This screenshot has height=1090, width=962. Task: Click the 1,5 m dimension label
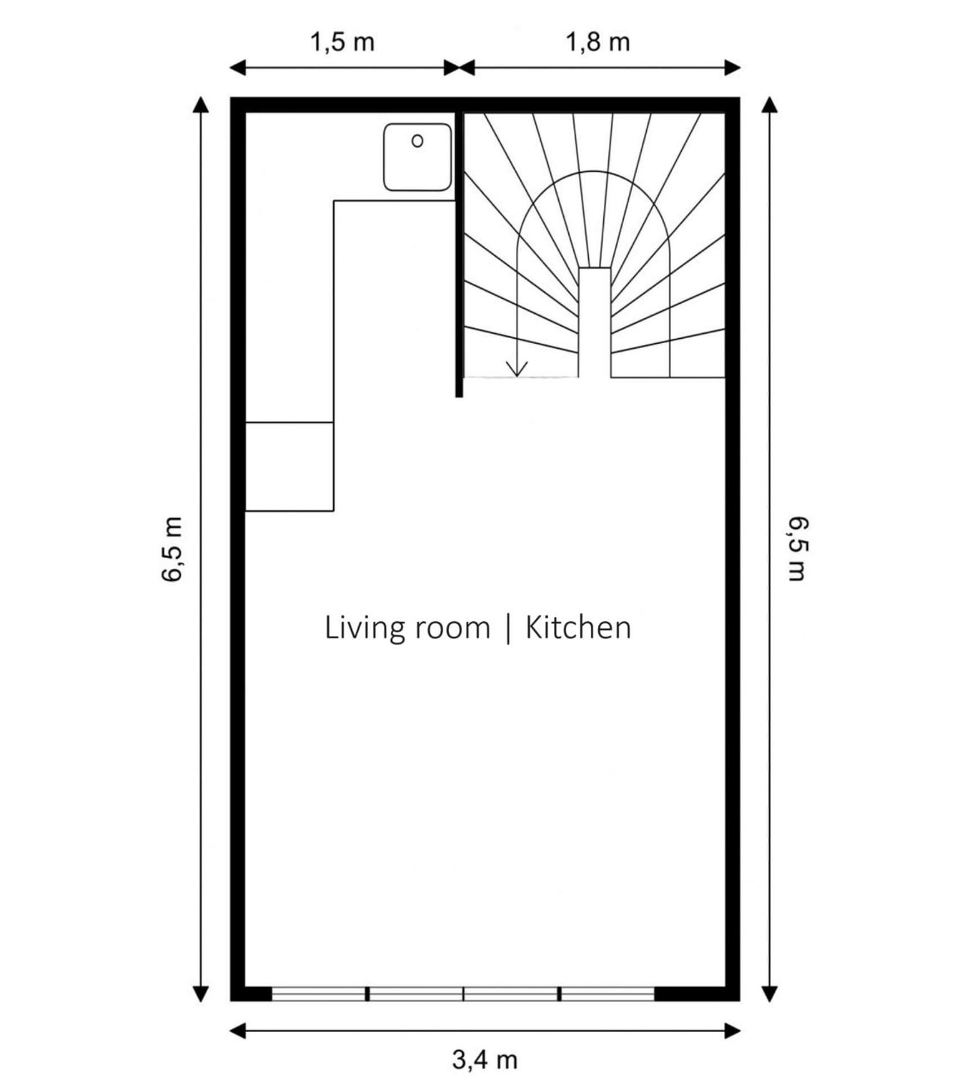342,42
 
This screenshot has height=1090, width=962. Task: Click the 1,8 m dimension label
597,42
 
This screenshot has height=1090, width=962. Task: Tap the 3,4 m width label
485,1060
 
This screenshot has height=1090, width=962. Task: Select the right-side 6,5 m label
797,549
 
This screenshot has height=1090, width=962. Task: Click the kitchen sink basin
417,157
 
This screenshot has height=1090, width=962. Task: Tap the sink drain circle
417,141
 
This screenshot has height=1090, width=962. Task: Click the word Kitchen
578,628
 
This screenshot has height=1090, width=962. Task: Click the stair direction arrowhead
517,368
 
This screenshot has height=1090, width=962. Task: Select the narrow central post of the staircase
594,322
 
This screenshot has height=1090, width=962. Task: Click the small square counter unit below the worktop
289,466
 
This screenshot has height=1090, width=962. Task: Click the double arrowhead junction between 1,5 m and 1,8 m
460,68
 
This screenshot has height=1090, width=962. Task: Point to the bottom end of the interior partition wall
459,397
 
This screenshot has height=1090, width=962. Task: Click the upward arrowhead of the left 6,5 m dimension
201,104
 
